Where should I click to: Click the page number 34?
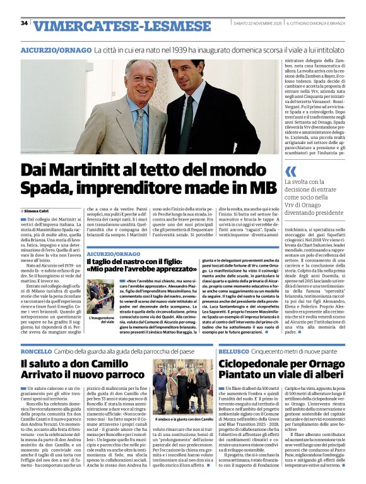pyautogui.click(x=24, y=23)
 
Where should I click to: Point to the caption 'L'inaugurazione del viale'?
pyautogui.click(x=102, y=320)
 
